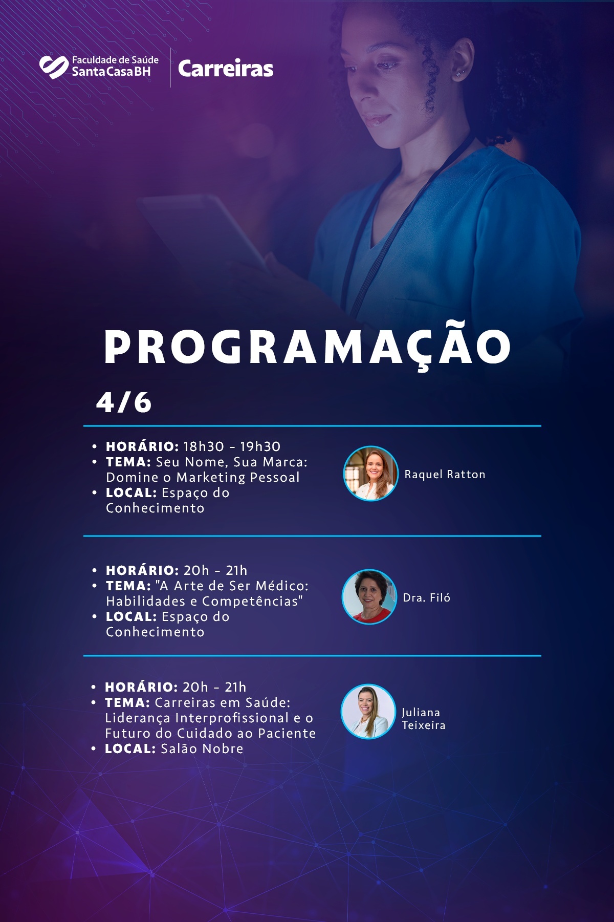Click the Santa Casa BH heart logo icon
[x=54, y=67]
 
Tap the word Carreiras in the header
[x=226, y=69]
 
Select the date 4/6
[x=124, y=402]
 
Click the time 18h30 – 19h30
[x=232, y=446]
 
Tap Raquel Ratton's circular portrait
[x=370, y=473]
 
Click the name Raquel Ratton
[x=445, y=475]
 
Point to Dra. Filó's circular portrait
[x=369, y=597]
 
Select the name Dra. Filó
[x=427, y=597]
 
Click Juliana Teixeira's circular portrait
[x=368, y=712]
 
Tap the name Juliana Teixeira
[x=423, y=719]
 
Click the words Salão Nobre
[x=202, y=748]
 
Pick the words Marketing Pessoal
[x=238, y=478]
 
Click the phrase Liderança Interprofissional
[x=197, y=718]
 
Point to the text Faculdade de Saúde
[x=115, y=60]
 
